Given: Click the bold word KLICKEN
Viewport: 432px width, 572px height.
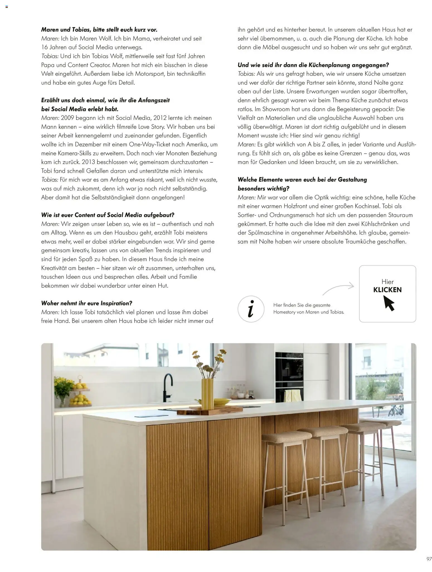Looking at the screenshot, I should click(387, 290).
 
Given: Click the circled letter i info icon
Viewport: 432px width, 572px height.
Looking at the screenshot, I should click(251, 309).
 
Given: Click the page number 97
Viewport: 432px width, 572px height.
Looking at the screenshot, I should click(429, 559).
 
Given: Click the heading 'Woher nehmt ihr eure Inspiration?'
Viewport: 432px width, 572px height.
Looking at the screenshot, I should click(87, 303).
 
